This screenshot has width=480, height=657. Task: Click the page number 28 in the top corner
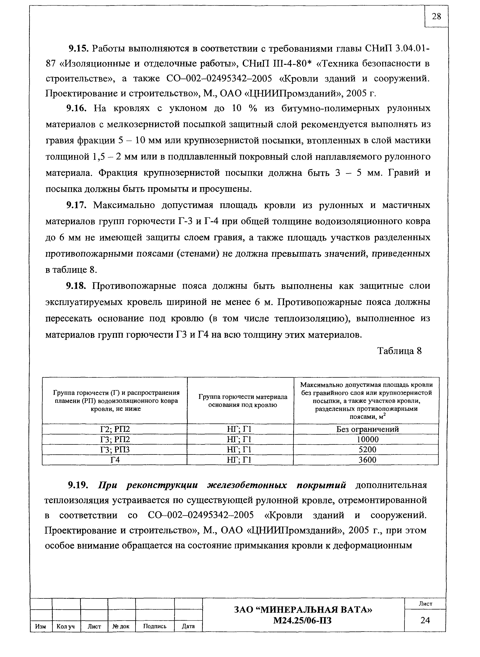436,17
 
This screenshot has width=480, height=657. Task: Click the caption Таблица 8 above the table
399,351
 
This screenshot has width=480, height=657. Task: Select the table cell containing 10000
367,439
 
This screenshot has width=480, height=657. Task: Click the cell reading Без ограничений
367,429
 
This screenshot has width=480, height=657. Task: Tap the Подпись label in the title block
155,626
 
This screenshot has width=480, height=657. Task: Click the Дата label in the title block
188,626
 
